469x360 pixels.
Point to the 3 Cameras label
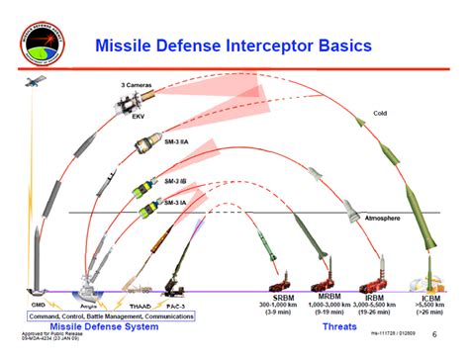click(x=136, y=86)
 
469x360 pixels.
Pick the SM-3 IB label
click(x=174, y=181)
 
